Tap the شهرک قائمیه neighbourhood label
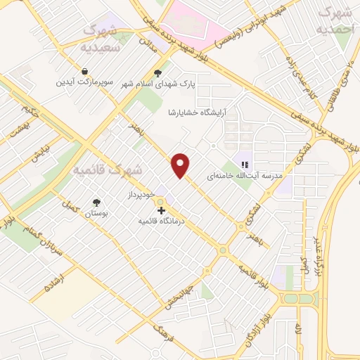coord(108,170)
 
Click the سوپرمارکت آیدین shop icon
coord(84,72)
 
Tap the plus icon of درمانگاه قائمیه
coord(161,210)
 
